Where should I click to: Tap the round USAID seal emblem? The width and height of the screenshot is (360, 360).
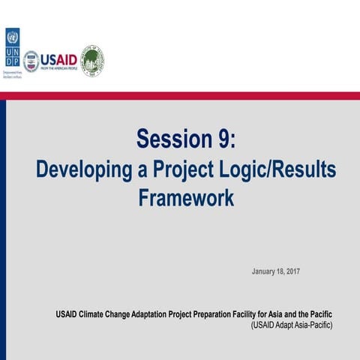coord(31,61)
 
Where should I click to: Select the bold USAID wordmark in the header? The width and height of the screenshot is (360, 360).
coord(59,58)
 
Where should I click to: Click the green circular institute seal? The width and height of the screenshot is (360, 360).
coord(92,61)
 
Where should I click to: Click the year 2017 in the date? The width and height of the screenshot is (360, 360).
coord(289,270)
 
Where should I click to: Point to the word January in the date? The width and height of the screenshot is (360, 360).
coord(264,270)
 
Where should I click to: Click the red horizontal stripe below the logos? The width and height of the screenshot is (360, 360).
coord(180,96)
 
